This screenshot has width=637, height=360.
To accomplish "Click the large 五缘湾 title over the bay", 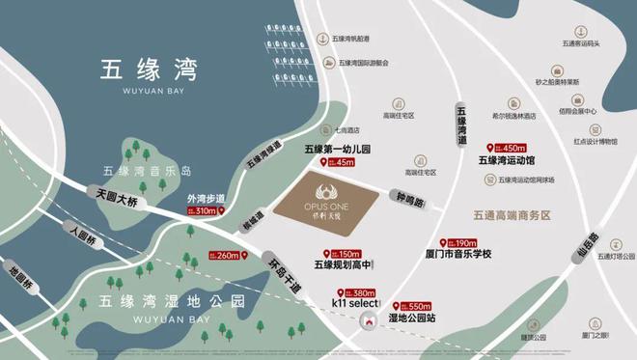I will [x=148, y=70].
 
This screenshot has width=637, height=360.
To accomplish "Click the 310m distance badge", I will [x=204, y=210].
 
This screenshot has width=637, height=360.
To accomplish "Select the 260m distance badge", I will [x=228, y=256].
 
